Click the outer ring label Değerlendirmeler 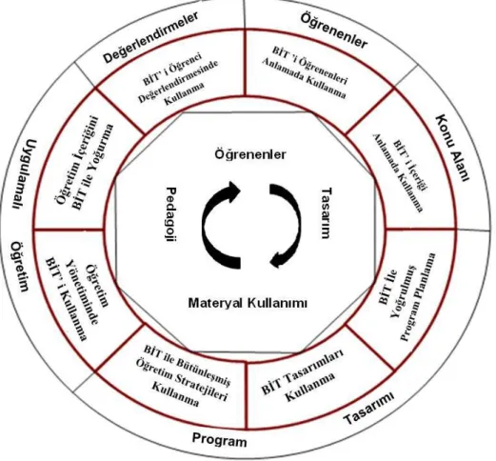tap(150, 36)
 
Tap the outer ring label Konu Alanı tap(452, 148)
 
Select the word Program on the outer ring tap(219, 440)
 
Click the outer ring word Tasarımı tap(369, 408)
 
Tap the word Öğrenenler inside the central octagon tap(250, 154)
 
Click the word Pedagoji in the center tap(171, 214)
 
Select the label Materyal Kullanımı tap(248, 303)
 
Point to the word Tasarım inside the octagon tap(327, 213)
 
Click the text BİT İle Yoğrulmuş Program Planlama tap(407, 297)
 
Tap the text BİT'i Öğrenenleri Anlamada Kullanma tap(305, 72)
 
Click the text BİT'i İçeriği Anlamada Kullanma tap(401, 172)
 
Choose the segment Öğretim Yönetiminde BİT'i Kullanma tap(77, 299)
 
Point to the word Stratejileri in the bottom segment tap(202, 385)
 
